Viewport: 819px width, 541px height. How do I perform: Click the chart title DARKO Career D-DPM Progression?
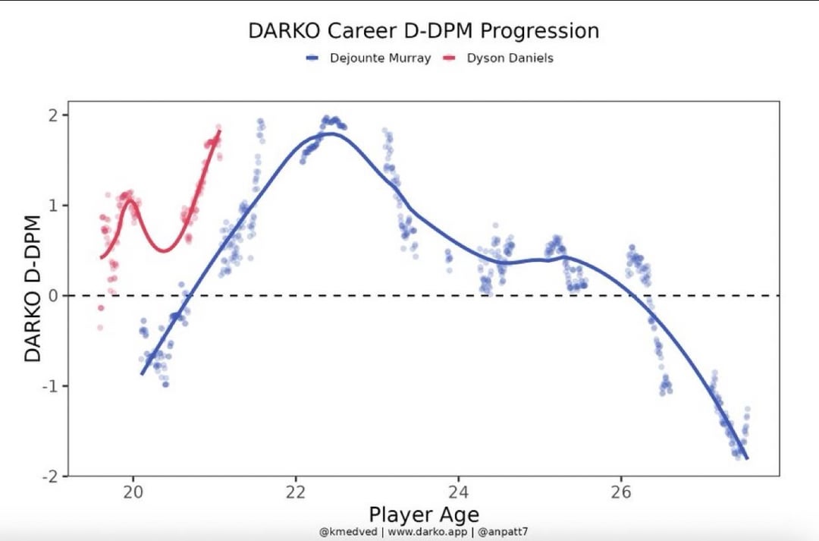pyautogui.click(x=424, y=31)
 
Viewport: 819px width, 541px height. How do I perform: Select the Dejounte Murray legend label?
pyautogui.click(x=380, y=58)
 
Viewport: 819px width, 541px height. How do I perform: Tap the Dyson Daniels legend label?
pyautogui.click(x=510, y=58)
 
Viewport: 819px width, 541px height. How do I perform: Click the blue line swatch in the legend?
pyautogui.click(x=315, y=58)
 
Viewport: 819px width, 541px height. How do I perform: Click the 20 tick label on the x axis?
pyautogui.click(x=133, y=491)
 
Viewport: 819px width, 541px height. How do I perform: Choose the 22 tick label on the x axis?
pyautogui.click(x=296, y=491)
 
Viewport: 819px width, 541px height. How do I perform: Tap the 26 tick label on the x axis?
pyautogui.click(x=621, y=491)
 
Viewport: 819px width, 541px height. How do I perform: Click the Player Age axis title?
pyautogui.click(x=424, y=514)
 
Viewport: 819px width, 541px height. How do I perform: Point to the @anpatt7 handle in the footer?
pyautogui.click(x=503, y=532)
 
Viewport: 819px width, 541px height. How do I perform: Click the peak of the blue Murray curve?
pyautogui.click(x=328, y=134)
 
